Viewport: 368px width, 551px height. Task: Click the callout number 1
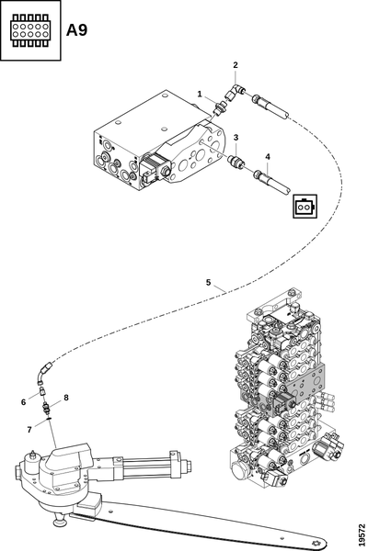coord(200,94)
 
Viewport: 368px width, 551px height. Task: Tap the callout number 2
coord(236,65)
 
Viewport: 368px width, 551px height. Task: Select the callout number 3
coord(236,137)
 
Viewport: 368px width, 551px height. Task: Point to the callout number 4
coord(268,157)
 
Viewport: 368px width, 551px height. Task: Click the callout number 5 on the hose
coord(208,282)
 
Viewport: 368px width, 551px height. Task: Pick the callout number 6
coord(23,402)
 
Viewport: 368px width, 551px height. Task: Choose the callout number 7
coord(29,430)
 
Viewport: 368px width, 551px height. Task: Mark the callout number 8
coord(66,398)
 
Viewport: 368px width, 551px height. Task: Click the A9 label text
coord(76,30)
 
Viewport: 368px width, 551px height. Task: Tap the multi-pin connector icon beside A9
coord(30,30)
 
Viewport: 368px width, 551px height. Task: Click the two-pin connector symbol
coord(305,207)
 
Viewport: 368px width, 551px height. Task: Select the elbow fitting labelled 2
coord(233,92)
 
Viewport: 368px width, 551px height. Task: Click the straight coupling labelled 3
coord(235,162)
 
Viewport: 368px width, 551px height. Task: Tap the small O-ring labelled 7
coord(49,419)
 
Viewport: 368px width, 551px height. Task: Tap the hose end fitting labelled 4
coord(271,181)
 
